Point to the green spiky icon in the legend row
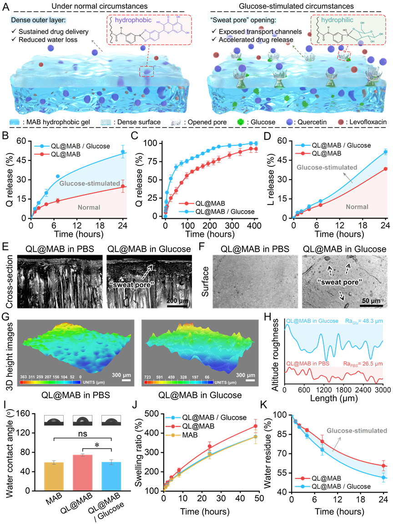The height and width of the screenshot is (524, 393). [241, 122]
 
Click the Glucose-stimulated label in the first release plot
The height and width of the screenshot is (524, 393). [90, 184]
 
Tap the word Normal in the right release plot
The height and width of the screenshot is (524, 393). [357, 207]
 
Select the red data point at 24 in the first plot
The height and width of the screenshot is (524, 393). [122, 186]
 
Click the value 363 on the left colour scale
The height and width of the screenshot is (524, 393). [24, 377]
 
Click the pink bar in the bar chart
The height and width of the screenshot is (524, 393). [83, 472]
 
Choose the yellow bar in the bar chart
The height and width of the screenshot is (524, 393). [54, 476]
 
